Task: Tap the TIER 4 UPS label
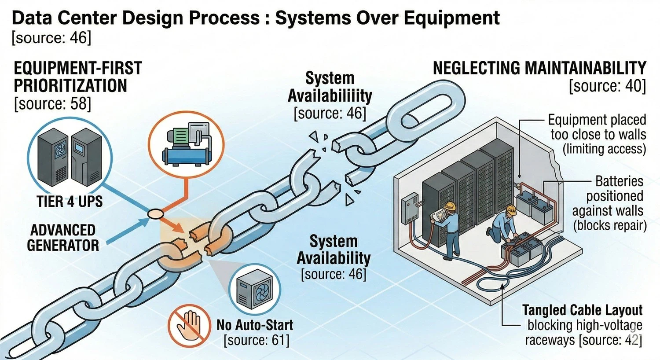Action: tap(70, 202)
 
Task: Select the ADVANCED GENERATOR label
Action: tap(63, 238)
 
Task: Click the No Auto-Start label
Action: tap(255, 325)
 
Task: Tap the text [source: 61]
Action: tap(257, 340)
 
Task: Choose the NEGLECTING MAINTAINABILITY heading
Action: tap(539, 68)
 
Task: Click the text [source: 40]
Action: tap(607, 86)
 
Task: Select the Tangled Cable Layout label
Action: tap(583, 310)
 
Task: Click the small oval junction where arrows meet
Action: tap(155, 214)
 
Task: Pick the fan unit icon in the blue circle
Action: tap(255, 288)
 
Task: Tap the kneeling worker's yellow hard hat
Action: tap(511, 210)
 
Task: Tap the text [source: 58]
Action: tap(53, 104)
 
